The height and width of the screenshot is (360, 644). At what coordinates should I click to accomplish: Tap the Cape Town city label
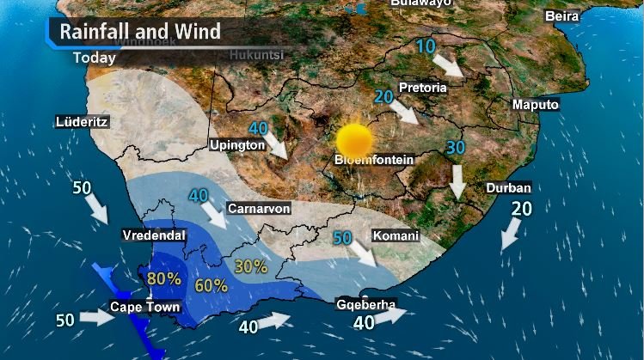[x=144, y=307]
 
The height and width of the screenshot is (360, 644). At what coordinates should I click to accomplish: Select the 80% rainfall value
[x=163, y=278]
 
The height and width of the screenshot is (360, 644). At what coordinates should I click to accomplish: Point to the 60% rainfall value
[x=212, y=285]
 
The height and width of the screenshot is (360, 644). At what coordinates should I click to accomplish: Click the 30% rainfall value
[x=250, y=266]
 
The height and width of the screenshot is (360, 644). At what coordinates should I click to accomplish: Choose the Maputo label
[x=535, y=105]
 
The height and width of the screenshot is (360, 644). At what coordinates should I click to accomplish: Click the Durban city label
[x=508, y=188]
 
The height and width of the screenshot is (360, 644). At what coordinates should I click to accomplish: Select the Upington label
[x=237, y=146]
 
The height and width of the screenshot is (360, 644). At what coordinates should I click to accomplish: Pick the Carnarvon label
[x=259, y=209]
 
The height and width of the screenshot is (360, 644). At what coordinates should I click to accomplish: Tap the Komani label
[x=396, y=235]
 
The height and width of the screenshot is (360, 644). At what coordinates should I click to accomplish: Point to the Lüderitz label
[x=82, y=122]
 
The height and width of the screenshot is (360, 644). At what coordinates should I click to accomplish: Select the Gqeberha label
[x=365, y=304]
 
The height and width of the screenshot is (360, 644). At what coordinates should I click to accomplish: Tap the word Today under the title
[x=94, y=58]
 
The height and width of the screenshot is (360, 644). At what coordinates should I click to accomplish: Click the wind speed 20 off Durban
[x=522, y=208]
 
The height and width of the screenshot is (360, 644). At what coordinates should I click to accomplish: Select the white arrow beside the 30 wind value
[x=457, y=180]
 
